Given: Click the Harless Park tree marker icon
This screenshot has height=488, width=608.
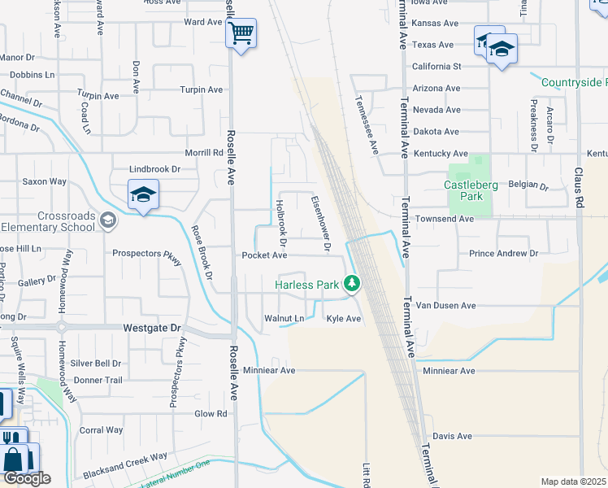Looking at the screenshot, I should tap(352, 284).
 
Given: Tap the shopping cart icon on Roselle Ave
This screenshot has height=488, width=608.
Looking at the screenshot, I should tap(241, 34).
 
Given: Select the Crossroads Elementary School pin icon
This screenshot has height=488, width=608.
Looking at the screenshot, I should tap(107, 220).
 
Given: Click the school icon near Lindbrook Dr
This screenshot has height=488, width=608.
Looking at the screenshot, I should tap(143, 195).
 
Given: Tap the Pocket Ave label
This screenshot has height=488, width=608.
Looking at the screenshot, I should tap(264, 255).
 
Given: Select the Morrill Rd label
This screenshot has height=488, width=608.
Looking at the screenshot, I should tap(203, 152).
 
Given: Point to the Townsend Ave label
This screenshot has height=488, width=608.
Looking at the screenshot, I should tap(444, 219).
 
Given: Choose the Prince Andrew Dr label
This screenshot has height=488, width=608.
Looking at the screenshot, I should tap(503, 254).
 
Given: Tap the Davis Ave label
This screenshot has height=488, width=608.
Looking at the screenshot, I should tap(452, 436).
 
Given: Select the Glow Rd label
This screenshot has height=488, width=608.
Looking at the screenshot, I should tap(210, 413).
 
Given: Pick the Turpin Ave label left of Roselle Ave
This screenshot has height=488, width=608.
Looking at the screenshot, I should tap(201, 89).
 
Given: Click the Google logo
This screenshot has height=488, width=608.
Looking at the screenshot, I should tap(26, 478).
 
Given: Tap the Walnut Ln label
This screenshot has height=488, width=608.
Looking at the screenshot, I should tap(284, 318).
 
